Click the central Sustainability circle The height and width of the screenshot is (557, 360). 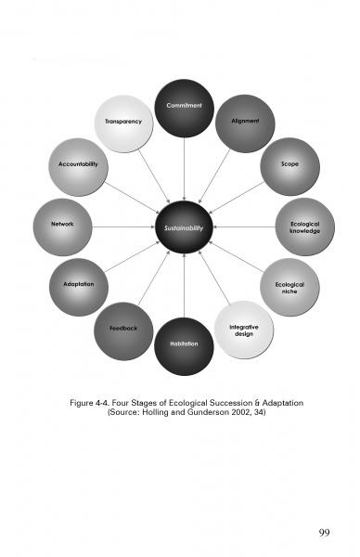(x=184, y=227)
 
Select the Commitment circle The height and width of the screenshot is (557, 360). (x=184, y=108)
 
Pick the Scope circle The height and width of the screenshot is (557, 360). (x=289, y=167)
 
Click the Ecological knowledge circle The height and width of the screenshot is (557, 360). (x=304, y=227)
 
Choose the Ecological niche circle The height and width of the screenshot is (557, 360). (x=289, y=287)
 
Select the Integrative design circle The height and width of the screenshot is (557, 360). (x=244, y=330)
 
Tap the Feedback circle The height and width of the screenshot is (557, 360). (x=123, y=330)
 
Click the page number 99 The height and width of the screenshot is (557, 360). (x=324, y=532)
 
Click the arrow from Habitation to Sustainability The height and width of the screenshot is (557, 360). (x=184, y=286)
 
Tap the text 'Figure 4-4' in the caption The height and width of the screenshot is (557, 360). (x=90, y=403)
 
